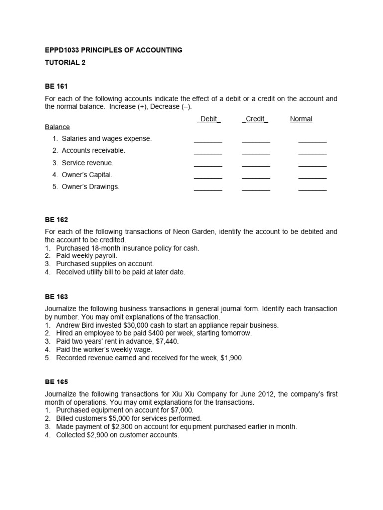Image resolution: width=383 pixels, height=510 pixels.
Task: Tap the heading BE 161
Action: pos(56,87)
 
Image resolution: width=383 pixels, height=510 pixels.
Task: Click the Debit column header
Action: pos(209,119)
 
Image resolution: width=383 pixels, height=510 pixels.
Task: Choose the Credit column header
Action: pos(255,119)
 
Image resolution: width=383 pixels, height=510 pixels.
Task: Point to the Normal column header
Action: pos(301,119)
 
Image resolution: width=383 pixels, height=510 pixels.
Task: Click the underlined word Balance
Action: pos(57,127)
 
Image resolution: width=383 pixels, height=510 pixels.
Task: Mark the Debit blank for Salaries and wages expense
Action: pos(208,141)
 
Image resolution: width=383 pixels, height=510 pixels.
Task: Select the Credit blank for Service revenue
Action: pos(256,165)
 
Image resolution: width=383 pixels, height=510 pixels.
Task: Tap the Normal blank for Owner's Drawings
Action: pos(312,189)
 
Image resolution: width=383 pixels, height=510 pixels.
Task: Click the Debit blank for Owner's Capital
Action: pos(208,177)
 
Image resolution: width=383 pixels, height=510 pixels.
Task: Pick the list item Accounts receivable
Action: pos(93,150)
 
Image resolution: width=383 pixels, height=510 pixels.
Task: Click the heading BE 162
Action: pos(56,220)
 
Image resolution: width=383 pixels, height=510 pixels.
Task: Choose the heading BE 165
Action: pos(56,382)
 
